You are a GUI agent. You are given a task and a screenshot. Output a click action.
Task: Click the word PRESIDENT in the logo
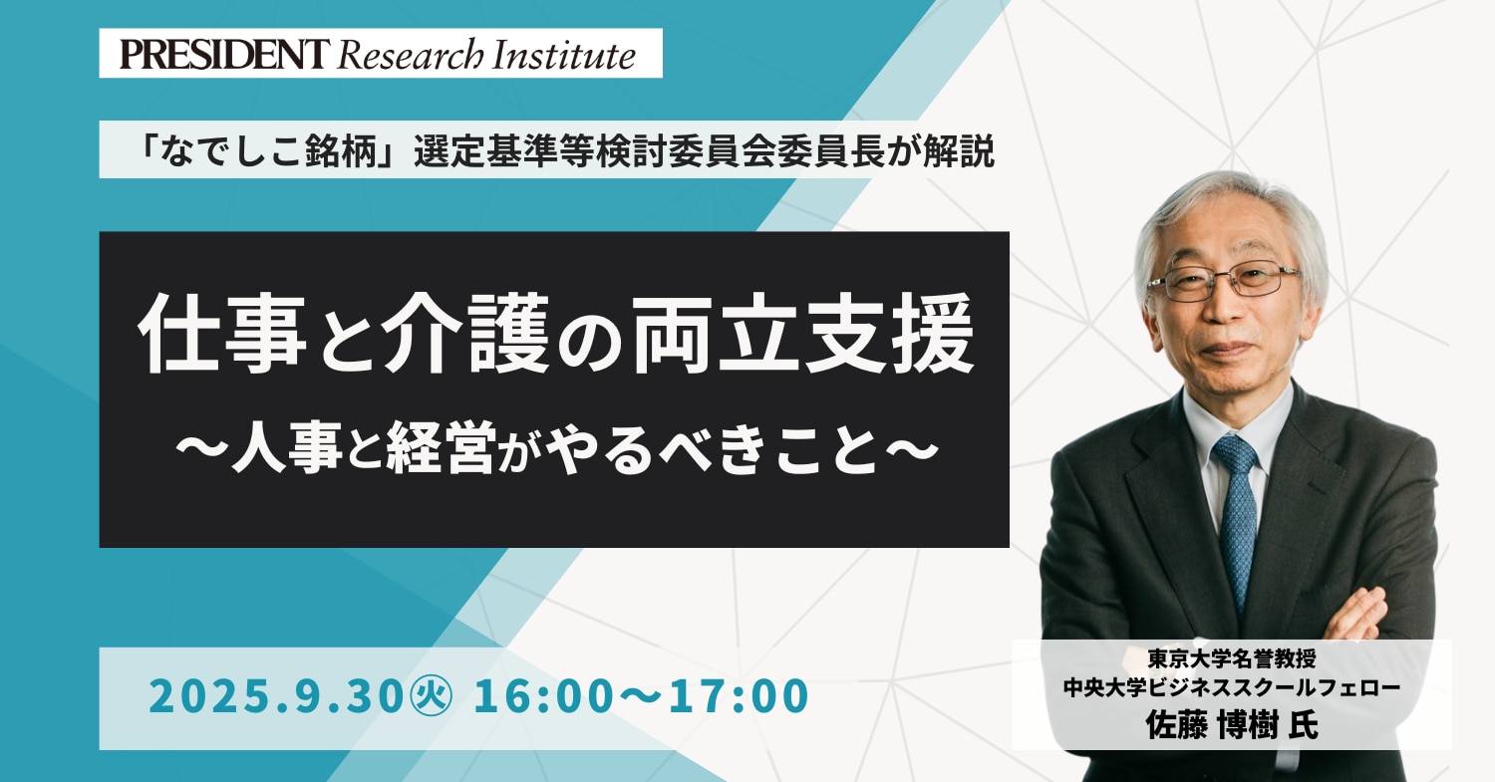225,54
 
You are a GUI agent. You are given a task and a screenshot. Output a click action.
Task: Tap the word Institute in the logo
565,54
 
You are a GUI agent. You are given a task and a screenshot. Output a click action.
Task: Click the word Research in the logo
411,54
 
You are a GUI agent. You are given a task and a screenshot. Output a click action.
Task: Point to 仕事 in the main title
222,333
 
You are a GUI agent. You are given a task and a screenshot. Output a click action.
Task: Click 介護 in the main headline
465,333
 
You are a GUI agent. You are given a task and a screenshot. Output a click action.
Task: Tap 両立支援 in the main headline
803,333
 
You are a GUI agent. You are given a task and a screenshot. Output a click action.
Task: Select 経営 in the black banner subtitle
441,447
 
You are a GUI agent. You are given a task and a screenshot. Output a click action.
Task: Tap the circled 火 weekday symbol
432,696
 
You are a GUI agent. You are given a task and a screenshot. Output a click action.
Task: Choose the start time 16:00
542,696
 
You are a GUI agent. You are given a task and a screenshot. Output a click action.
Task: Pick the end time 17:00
739,696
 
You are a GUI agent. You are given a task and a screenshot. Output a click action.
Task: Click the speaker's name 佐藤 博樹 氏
1232,725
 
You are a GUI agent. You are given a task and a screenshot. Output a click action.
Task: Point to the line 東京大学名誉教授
1232,659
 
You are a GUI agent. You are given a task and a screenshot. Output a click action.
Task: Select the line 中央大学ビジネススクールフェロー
1232,688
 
